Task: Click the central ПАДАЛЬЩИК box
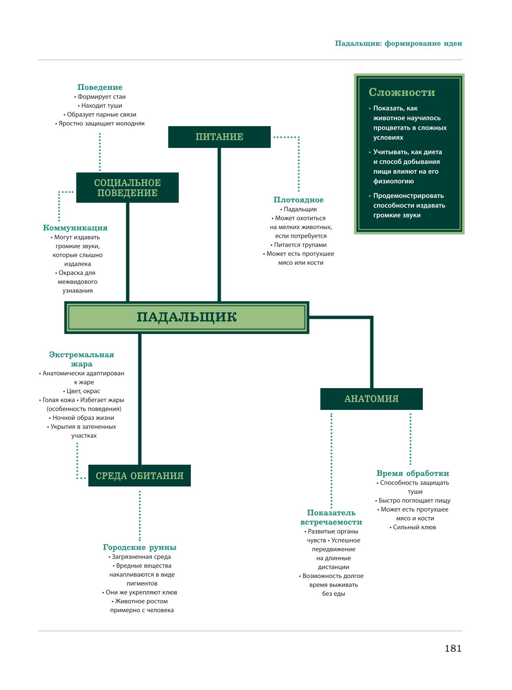click(186, 317)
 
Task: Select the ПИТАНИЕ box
click(219, 137)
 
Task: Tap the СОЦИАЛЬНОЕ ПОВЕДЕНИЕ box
click(127, 188)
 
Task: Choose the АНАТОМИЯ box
click(372, 399)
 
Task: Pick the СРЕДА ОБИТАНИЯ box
click(140, 476)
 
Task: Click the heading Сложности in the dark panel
click(402, 93)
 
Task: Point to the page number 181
click(453, 648)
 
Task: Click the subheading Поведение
click(100, 87)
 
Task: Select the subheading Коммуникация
click(75, 228)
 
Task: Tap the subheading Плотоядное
click(299, 200)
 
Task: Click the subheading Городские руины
click(140, 548)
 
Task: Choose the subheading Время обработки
click(413, 474)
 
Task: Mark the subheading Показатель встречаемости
click(331, 517)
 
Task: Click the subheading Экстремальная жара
click(82, 360)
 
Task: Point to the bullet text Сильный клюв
click(413, 527)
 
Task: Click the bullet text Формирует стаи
click(100, 97)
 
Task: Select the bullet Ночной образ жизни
click(82, 418)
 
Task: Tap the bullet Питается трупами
click(299, 245)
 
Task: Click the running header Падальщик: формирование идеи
click(399, 44)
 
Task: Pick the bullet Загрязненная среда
click(140, 557)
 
